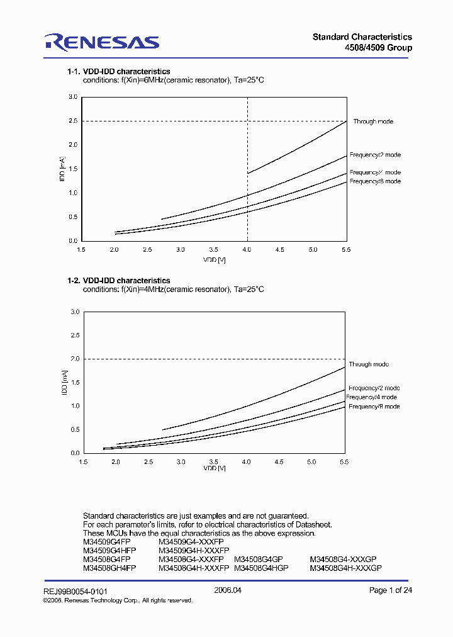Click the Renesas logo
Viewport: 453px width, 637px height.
(101, 42)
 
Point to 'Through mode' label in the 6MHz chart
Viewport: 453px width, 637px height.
(373, 121)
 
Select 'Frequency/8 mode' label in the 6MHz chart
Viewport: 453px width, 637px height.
(375, 181)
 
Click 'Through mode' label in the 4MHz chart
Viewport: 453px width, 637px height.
(369, 364)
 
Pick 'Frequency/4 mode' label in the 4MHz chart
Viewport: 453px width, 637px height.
(371, 397)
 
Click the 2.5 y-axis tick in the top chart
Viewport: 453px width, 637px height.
(73, 121)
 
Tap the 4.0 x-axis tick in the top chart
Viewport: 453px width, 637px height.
(247, 250)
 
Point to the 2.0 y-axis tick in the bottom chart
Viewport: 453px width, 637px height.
(75, 359)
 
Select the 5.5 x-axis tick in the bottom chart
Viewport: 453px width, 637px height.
(344, 463)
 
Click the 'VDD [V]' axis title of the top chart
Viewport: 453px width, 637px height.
(214, 259)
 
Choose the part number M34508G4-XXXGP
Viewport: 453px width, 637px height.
(345, 559)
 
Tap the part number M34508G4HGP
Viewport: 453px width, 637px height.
(261, 568)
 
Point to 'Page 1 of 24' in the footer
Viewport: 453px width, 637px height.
(390, 590)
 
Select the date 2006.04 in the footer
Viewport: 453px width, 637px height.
(228, 590)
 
